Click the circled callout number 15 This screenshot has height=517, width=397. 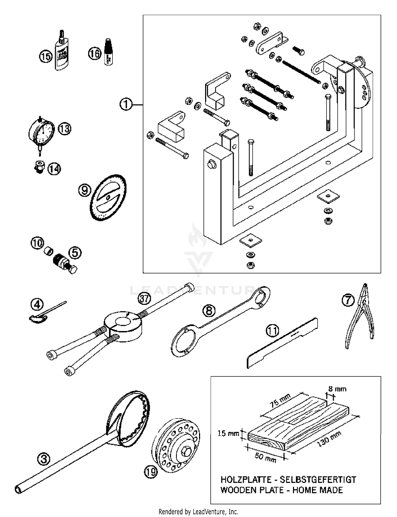click(46, 56)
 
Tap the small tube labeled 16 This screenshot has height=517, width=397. click(108, 52)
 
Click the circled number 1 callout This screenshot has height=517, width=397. click(126, 104)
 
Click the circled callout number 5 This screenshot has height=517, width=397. click(75, 253)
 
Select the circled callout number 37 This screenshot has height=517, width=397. click(145, 299)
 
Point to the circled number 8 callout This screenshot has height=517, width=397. click(209, 310)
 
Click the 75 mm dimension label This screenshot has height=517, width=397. click(280, 400)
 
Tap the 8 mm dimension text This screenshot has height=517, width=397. click(337, 389)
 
